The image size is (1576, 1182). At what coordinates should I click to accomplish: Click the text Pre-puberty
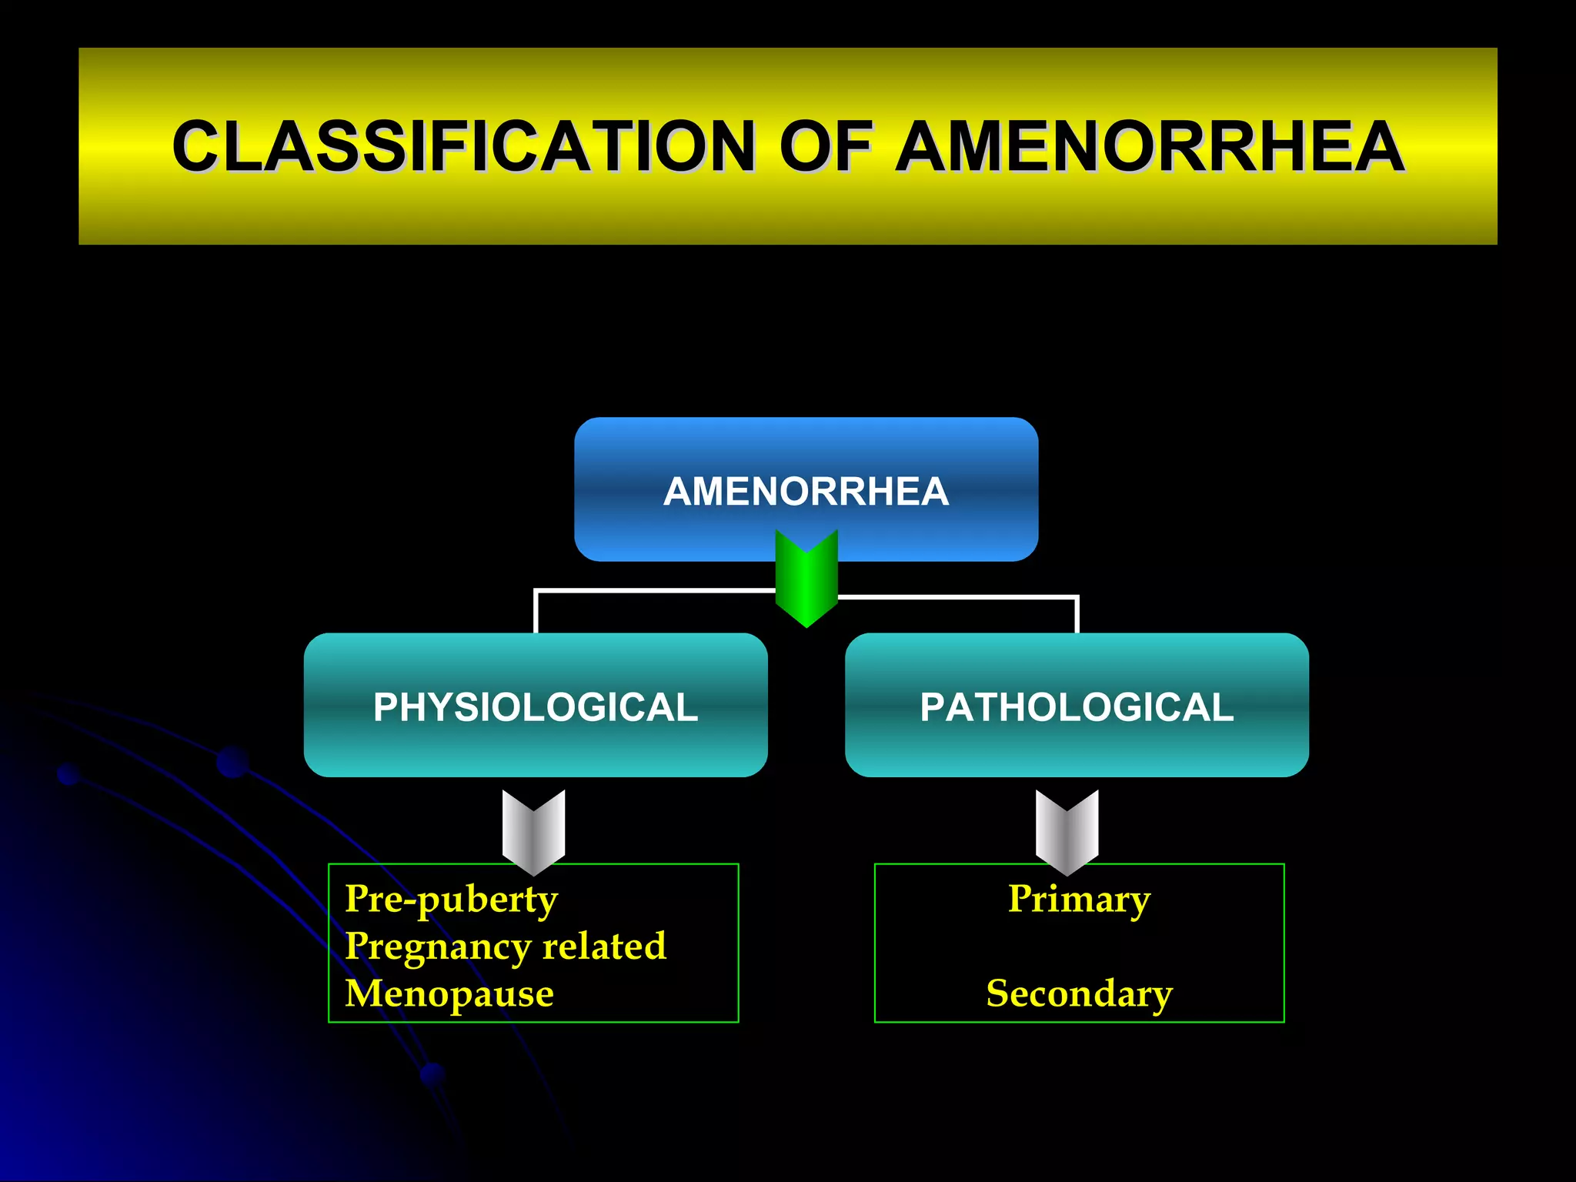452,899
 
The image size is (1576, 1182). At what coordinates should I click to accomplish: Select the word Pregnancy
436,947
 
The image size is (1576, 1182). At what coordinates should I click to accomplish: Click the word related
604,946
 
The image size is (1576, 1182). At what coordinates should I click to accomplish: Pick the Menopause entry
449,993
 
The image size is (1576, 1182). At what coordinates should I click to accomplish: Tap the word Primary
1079,899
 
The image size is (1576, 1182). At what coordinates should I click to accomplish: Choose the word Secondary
1079,993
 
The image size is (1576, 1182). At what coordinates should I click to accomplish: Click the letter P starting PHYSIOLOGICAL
385,707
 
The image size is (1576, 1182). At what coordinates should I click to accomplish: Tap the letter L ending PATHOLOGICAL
1223,707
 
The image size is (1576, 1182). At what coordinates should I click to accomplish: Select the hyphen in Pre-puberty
409,901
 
